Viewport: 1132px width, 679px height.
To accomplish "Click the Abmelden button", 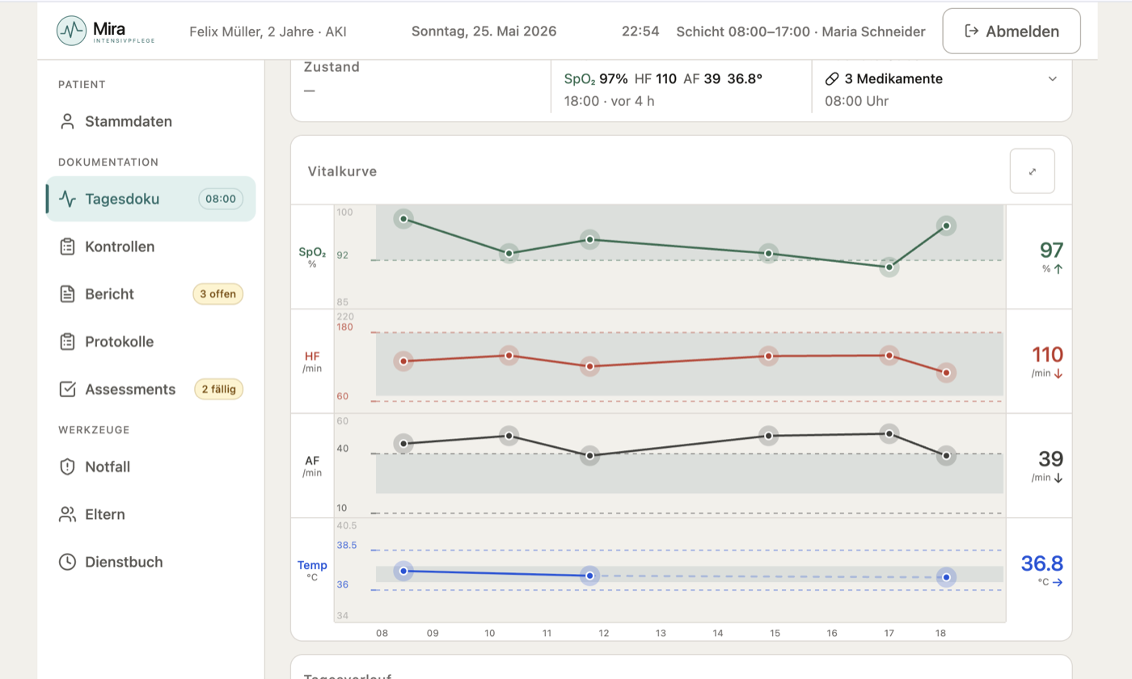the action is [x=1012, y=32].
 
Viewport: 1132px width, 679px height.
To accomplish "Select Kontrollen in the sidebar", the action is [x=107, y=247].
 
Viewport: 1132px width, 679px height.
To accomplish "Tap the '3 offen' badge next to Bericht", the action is [x=218, y=294].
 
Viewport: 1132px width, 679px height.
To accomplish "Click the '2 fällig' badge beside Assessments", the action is [x=219, y=390].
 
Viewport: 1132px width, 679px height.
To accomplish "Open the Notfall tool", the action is [x=95, y=467].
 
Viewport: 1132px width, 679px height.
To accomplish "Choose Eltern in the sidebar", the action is [x=92, y=514].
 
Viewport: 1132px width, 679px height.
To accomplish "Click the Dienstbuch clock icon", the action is [x=67, y=562].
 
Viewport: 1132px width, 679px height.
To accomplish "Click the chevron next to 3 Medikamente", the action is [x=1053, y=79].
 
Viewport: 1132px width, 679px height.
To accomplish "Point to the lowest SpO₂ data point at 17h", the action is [x=889, y=267].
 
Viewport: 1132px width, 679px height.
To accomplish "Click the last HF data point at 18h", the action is [x=946, y=373].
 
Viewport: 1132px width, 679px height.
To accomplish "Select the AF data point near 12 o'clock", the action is [x=589, y=456].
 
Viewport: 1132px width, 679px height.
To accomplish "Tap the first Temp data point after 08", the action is [x=403, y=571].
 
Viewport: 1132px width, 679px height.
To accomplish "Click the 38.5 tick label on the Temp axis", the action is [x=347, y=545].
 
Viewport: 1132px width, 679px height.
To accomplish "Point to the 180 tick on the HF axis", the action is [x=344, y=327].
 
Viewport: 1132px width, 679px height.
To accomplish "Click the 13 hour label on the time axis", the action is [x=661, y=633].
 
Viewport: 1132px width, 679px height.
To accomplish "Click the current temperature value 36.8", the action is [x=1042, y=563].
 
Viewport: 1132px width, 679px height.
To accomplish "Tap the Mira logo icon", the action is [x=71, y=31].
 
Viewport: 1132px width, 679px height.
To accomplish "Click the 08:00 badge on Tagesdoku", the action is [x=220, y=199].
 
